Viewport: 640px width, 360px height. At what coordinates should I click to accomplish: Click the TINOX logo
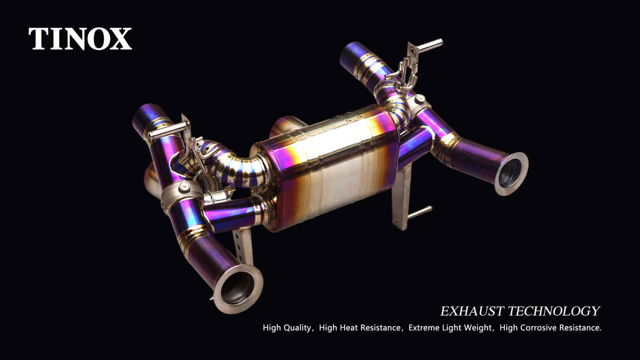[80, 39]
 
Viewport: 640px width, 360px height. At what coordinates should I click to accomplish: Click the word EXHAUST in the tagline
[472, 311]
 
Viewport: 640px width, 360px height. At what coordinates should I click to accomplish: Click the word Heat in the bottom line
[348, 327]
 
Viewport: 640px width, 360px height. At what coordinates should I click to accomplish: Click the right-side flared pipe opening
[511, 174]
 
